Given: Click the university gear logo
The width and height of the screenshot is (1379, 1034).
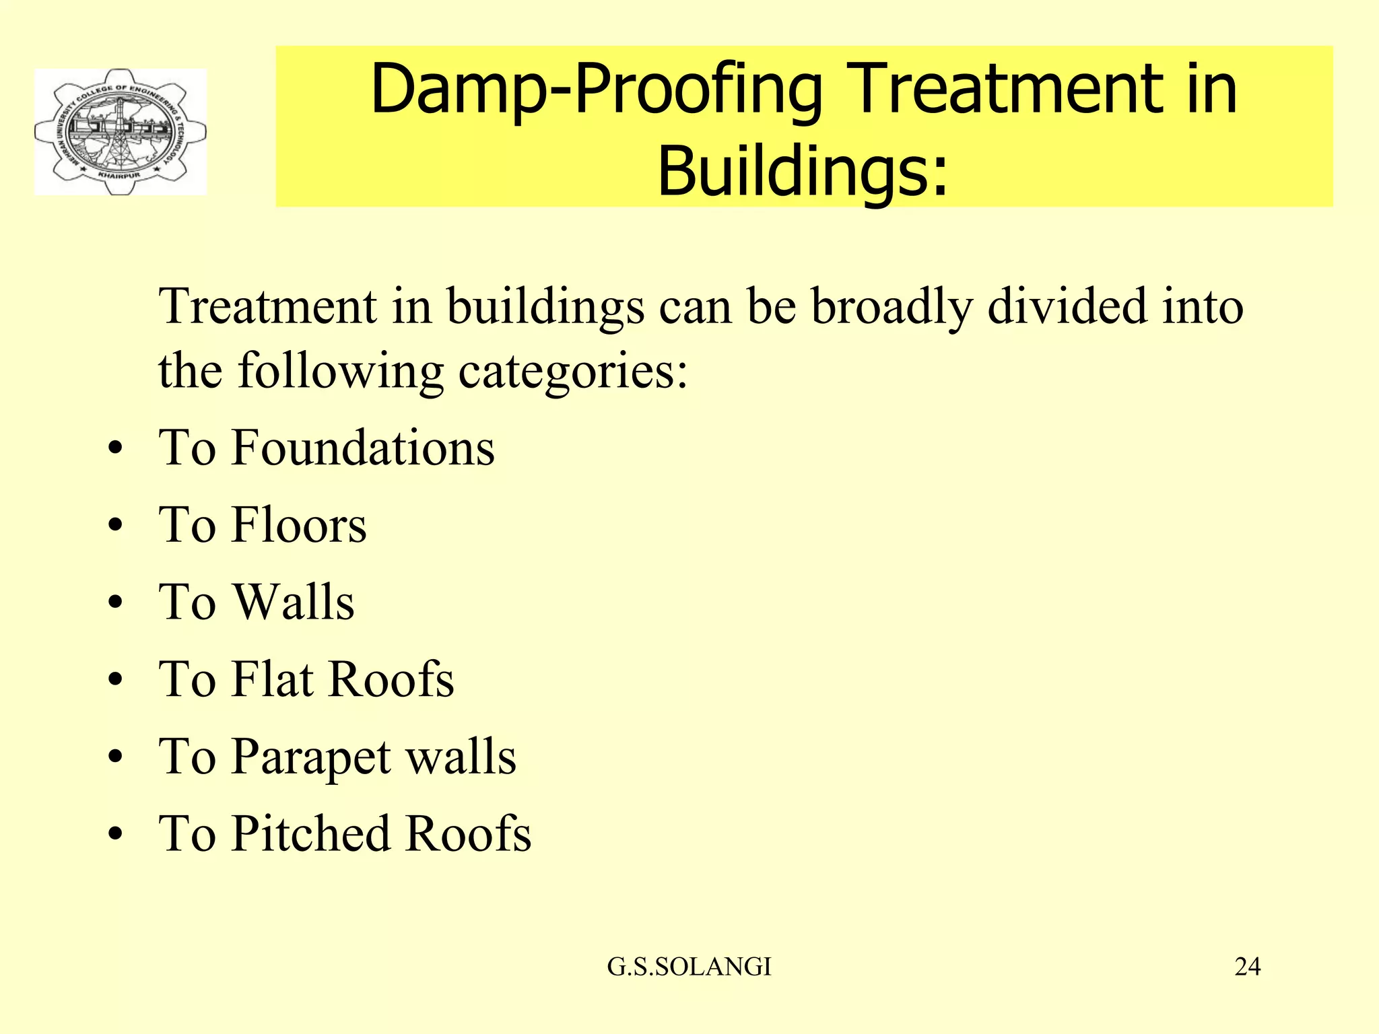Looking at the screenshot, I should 121,132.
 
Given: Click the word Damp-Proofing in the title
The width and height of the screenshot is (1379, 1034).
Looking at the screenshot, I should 595,90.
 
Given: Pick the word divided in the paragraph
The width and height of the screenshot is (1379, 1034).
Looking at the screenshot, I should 1067,306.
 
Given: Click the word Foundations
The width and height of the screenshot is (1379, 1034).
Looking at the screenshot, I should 363,448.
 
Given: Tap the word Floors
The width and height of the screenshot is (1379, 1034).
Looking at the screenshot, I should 299,525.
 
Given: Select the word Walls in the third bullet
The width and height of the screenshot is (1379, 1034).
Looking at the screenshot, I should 293,602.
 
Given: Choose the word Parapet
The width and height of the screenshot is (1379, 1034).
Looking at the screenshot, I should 311,757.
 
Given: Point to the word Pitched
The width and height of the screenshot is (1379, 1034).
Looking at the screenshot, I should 311,833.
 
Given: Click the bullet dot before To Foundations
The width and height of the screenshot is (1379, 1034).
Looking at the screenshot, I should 116,449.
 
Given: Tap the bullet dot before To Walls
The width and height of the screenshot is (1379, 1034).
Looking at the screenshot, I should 116,603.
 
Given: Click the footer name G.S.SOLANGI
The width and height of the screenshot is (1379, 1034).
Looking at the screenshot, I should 689,967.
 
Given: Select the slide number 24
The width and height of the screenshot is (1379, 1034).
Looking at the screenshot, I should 1247,967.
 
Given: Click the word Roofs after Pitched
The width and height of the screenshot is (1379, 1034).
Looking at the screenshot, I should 469,833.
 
